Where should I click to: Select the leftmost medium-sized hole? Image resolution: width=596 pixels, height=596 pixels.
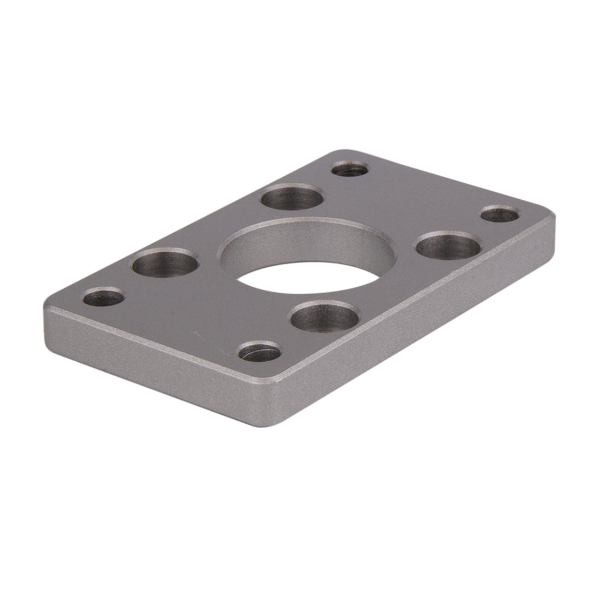[165, 262]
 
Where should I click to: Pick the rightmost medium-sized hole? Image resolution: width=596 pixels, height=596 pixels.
[447, 246]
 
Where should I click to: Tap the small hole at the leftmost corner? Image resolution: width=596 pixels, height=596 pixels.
[104, 297]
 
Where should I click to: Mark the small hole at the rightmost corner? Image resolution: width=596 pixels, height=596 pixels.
[500, 215]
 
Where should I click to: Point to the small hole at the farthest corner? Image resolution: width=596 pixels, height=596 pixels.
[350, 170]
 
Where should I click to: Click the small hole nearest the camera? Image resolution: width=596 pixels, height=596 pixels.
[260, 352]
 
